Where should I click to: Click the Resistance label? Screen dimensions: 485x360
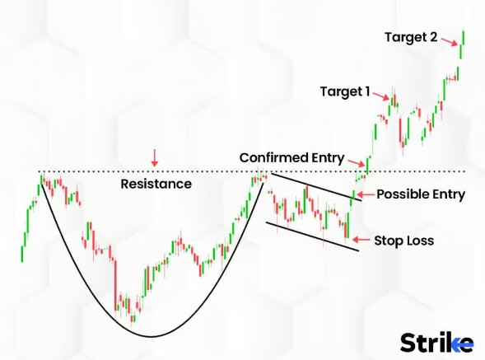[156, 184]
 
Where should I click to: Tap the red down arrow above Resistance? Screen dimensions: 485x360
[154, 158]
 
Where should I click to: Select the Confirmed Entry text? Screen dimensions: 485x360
[291, 157]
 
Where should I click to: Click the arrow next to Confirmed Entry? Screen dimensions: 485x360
[357, 162]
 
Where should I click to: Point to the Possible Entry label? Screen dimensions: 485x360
[421, 194]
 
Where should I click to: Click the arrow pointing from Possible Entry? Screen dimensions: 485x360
[366, 194]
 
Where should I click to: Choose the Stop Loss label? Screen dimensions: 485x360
[404, 241]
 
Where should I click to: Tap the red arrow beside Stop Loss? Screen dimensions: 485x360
[361, 240]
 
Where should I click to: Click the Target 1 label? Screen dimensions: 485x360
[345, 91]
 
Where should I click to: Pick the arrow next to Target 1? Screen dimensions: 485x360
[381, 96]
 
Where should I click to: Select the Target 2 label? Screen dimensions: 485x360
[411, 37]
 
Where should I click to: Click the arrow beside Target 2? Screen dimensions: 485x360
[450, 42]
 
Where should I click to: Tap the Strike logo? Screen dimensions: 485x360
[436, 343]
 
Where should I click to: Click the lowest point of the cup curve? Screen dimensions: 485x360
[151, 336]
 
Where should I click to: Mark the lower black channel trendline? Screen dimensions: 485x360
[312, 236]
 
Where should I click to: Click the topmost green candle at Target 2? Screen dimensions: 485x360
[464, 38]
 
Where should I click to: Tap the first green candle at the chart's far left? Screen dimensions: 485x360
[22, 254]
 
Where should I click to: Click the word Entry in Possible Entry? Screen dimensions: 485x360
[449, 195]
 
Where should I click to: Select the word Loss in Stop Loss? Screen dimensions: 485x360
[421, 241]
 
